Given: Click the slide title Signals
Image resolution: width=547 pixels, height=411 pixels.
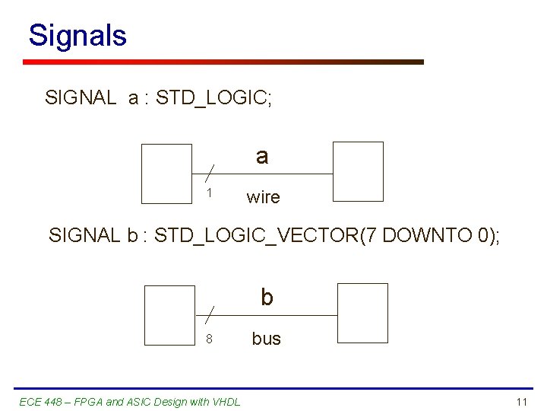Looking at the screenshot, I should click(x=77, y=36).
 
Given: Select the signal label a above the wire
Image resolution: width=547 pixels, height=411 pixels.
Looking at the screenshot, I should click(x=262, y=156).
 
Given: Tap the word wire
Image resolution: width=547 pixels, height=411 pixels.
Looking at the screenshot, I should click(x=263, y=198).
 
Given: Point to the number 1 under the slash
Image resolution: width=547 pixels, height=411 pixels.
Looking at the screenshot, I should click(x=209, y=193).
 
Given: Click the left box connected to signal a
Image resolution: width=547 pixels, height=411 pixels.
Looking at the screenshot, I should click(x=167, y=174).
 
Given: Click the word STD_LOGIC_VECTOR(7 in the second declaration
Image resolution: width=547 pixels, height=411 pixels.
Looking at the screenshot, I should click(x=255, y=235).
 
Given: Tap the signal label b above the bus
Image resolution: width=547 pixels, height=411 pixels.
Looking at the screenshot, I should click(x=267, y=297).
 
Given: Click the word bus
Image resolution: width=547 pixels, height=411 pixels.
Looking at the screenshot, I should click(x=266, y=339).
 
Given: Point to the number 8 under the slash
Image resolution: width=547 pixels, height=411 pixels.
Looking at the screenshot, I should click(x=209, y=339).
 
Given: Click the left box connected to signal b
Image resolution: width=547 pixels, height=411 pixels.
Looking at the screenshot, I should click(x=169, y=314).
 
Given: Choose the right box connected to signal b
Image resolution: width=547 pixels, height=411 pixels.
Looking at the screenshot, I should click(x=362, y=312).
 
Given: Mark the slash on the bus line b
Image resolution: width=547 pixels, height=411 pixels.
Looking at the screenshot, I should click(x=209, y=314).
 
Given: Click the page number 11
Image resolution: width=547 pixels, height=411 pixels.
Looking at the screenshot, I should click(x=521, y=402).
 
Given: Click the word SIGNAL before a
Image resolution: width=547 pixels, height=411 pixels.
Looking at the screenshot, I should click(x=80, y=97).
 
